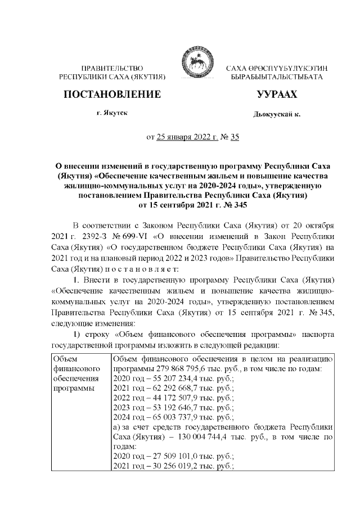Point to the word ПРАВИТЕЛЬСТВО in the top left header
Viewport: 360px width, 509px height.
[112, 67]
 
